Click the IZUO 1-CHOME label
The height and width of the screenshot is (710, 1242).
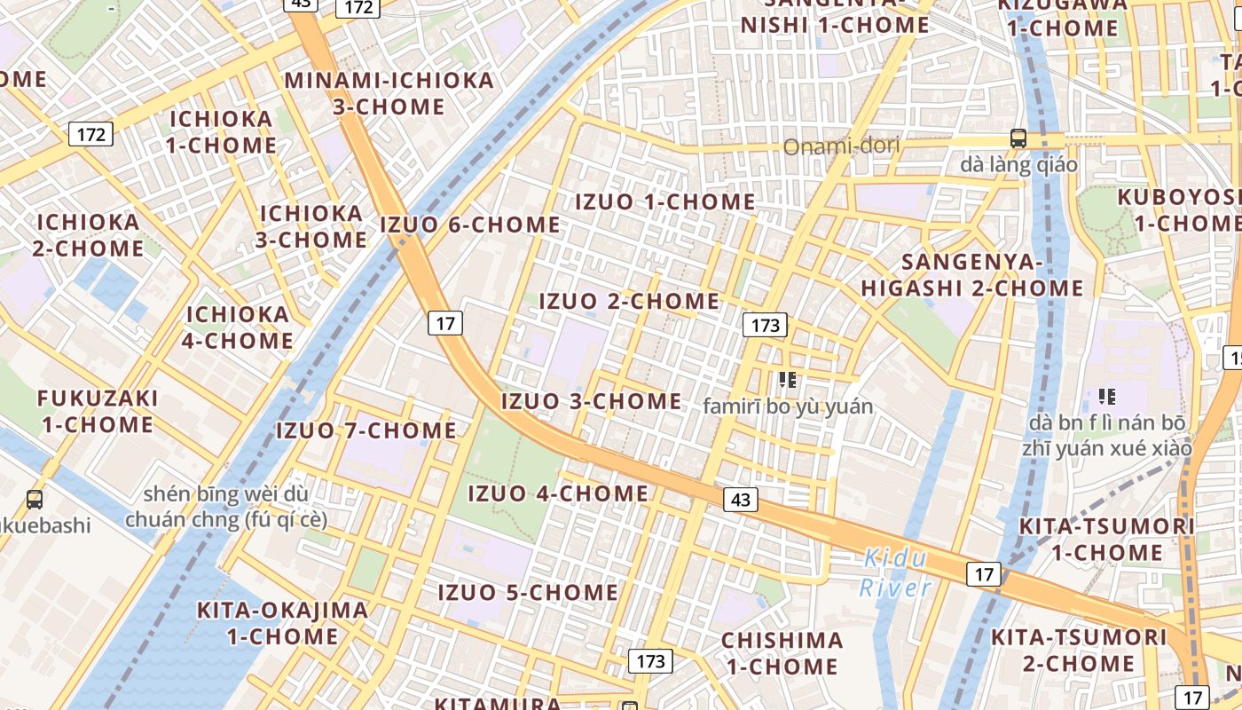(x=665, y=202)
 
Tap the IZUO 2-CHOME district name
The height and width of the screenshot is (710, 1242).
(x=629, y=302)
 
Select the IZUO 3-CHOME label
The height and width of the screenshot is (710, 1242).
(x=592, y=401)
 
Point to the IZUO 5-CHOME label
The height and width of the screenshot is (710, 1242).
(x=528, y=592)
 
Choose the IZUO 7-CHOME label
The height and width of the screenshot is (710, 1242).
(x=366, y=431)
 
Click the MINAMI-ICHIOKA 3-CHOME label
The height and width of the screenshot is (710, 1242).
(x=389, y=93)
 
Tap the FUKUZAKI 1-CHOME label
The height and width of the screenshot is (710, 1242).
(x=98, y=411)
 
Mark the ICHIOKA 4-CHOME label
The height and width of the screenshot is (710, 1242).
(x=238, y=327)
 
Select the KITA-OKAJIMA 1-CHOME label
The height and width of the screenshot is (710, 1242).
(x=282, y=623)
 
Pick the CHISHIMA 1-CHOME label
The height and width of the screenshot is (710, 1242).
(x=782, y=653)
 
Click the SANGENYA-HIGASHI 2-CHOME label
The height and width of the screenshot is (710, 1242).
(x=972, y=275)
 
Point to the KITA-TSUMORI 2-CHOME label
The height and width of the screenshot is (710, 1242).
(x=1079, y=650)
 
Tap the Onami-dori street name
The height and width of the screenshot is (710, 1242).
(x=841, y=146)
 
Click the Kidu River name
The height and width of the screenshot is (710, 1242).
(x=895, y=572)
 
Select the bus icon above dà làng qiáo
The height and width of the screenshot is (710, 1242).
(x=1018, y=138)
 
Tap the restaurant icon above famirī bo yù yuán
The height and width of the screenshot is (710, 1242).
(x=787, y=380)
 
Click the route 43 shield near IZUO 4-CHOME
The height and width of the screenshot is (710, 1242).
(x=741, y=500)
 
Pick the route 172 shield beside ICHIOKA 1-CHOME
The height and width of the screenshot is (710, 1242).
(x=90, y=135)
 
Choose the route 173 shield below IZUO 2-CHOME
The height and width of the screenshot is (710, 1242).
(x=765, y=326)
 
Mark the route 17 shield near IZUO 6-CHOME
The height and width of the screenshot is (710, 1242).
(x=445, y=323)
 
